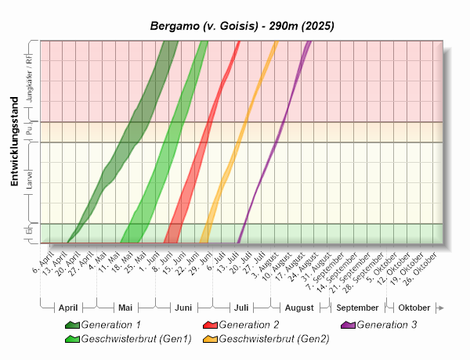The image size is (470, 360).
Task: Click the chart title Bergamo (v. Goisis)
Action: click(x=242, y=26)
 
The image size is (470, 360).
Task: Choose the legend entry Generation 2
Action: click(x=248, y=324)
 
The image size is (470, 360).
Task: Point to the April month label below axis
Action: click(x=69, y=308)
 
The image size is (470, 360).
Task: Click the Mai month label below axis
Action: click(x=125, y=308)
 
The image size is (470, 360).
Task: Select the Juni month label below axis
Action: click(x=183, y=308)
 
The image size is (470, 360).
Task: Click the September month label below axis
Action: click(x=358, y=308)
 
